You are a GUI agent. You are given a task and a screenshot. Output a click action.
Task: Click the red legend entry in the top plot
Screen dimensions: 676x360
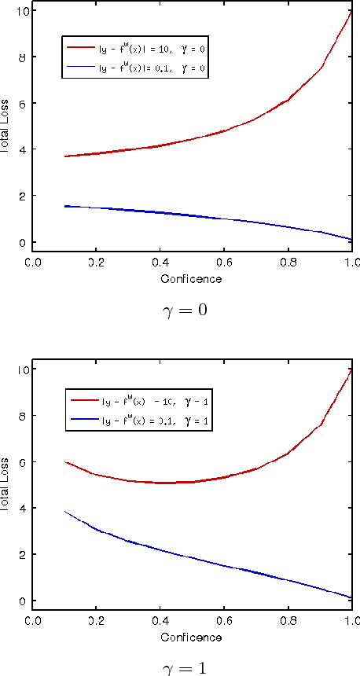click(x=138, y=49)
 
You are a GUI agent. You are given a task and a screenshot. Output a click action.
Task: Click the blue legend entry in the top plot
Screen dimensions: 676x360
click(x=138, y=68)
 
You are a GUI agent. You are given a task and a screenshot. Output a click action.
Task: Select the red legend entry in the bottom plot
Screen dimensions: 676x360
click(x=138, y=402)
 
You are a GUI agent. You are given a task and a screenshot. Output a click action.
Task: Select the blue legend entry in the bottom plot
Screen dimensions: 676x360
click(x=138, y=422)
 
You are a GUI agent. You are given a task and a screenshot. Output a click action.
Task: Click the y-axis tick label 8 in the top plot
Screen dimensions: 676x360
click(x=23, y=57)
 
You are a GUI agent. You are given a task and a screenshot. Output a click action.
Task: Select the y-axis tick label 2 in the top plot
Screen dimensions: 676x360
click(x=23, y=196)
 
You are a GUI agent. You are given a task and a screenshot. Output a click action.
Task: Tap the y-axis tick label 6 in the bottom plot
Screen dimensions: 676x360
click(x=23, y=462)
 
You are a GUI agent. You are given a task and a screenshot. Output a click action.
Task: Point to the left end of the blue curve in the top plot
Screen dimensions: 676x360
click(x=65, y=206)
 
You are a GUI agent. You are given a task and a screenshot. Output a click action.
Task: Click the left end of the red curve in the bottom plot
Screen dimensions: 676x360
click(x=65, y=462)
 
